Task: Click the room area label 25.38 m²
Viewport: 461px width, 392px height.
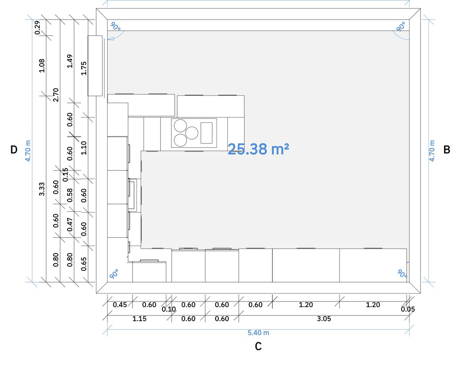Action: [x=258, y=149]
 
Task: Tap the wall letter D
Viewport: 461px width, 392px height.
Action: [x=14, y=149]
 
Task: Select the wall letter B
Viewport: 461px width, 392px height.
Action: [x=447, y=149]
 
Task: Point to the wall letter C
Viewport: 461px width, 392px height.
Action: [x=258, y=346]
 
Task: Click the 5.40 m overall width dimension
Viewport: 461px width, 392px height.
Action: [x=258, y=333]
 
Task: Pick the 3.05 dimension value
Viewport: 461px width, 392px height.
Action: [x=324, y=319]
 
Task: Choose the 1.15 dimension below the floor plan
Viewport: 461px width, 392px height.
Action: [x=139, y=319]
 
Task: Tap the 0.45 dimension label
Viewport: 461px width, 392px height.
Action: [x=120, y=305]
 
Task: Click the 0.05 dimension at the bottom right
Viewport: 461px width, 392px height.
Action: [x=408, y=309]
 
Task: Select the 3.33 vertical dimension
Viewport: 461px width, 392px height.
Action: [x=42, y=189]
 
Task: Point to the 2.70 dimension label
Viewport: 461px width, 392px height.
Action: [x=56, y=95]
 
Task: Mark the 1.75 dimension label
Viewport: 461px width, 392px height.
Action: [x=84, y=68]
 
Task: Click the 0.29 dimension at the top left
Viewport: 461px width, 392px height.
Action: [x=37, y=27]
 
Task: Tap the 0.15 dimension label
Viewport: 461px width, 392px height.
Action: [x=65, y=175]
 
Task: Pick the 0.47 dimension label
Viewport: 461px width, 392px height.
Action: [x=70, y=224]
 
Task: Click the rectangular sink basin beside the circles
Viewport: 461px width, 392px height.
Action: [x=207, y=133]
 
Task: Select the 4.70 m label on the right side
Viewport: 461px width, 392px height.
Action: [x=432, y=151]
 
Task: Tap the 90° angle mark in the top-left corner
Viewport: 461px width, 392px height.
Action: [x=115, y=27]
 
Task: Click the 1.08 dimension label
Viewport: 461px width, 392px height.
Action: [x=42, y=65]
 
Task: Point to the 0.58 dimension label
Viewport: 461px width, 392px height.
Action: [x=70, y=196]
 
